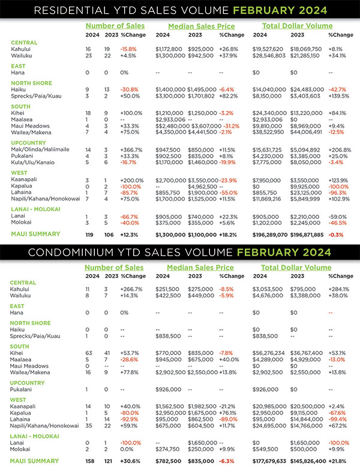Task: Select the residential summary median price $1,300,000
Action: (x=171, y=233)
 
